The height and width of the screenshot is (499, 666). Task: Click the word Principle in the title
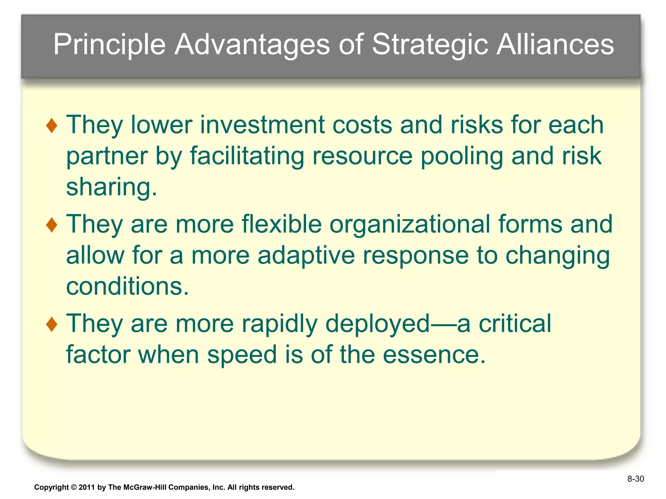coord(109,45)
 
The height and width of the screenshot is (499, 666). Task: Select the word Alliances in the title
coord(555,45)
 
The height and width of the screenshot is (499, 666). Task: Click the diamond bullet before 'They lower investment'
coord(52,126)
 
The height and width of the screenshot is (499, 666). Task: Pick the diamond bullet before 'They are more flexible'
coord(52,225)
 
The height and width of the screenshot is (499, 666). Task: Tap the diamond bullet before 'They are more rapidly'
coord(52,325)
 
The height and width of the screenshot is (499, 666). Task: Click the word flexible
coord(282,224)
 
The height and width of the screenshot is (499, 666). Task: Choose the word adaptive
coord(306,255)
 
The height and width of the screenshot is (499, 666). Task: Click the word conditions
coord(127,287)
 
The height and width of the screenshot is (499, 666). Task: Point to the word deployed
coord(378,324)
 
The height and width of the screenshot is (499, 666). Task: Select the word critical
coord(515,324)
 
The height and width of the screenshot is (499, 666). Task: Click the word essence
coord(434,355)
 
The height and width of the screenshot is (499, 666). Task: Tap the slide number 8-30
coord(635,479)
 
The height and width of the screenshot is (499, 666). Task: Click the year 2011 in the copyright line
coord(87,487)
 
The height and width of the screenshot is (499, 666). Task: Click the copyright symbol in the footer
coord(73,487)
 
